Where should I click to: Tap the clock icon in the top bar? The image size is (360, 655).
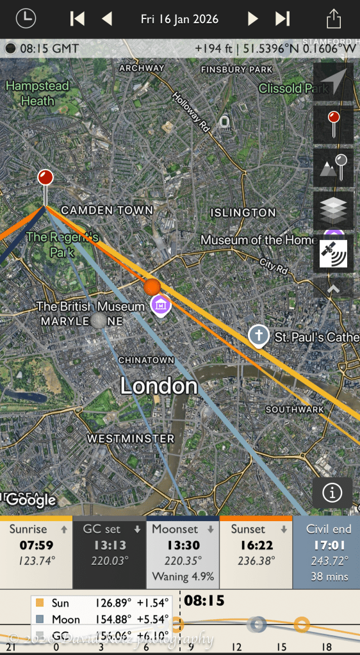pyautogui.click(x=26, y=19)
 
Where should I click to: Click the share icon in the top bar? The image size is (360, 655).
pyautogui.click(x=333, y=19)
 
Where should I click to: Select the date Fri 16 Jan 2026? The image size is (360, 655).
pyautogui.click(x=179, y=19)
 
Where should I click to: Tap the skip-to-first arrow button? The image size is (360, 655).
pyautogui.click(x=78, y=19)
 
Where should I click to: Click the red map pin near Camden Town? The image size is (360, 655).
pyautogui.click(x=45, y=178)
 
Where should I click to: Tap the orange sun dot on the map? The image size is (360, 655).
pyautogui.click(x=152, y=286)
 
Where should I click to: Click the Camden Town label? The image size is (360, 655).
pyautogui.click(x=107, y=210)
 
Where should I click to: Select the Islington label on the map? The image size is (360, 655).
pyautogui.click(x=243, y=212)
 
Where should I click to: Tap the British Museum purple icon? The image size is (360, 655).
pyautogui.click(x=160, y=305)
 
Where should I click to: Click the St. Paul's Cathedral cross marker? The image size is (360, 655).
pyautogui.click(x=258, y=336)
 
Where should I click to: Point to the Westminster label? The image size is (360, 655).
pyautogui.click(x=130, y=439)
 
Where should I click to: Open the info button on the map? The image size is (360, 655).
pyautogui.click(x=332, y=492)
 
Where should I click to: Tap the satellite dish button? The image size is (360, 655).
pyautogui.click(x=333, y=253)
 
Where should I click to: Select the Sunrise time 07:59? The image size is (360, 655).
pyautogui.click(x=36, y=546)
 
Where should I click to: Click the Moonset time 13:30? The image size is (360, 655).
pyautogui.click(x=183, y=546)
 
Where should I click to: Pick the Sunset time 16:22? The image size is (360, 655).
pyautogui.click(x=256, y=546)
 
